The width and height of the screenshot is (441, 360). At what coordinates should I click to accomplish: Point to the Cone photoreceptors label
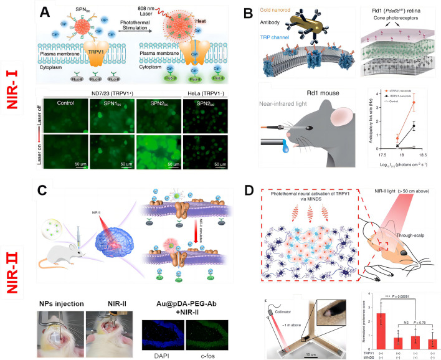(391, 24)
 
